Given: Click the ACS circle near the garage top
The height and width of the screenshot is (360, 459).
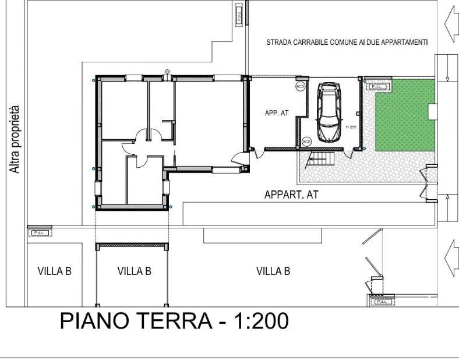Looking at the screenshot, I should coord(300,86).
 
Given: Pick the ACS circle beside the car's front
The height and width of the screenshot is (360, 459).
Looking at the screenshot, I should coord(306,141).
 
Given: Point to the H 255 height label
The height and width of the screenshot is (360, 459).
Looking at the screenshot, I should coord(350,127).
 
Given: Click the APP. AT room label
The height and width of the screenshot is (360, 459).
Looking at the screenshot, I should coord(277,114).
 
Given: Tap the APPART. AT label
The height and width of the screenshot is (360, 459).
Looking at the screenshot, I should coord(291,195).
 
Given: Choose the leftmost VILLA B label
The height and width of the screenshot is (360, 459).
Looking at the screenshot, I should coord(54,271).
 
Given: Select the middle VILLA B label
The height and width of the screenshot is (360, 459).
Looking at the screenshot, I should coord(135,271).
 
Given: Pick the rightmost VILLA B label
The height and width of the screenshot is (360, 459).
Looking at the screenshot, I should coord(273,271).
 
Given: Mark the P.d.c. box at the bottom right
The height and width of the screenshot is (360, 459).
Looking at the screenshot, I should coord(382,302).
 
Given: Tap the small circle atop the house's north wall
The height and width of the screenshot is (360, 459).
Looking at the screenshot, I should coord(168,72).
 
